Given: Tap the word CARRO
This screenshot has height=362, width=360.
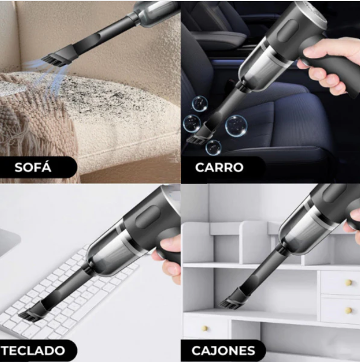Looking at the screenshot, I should tap(219, 168).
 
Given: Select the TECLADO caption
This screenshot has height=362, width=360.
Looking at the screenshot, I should tap(33, 349).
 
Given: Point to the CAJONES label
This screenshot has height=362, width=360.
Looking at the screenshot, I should tap(223, 350).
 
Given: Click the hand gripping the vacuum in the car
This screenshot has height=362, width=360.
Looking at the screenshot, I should tap(328, 65).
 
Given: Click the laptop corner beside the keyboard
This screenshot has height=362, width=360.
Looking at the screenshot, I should tap(9, 245).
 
